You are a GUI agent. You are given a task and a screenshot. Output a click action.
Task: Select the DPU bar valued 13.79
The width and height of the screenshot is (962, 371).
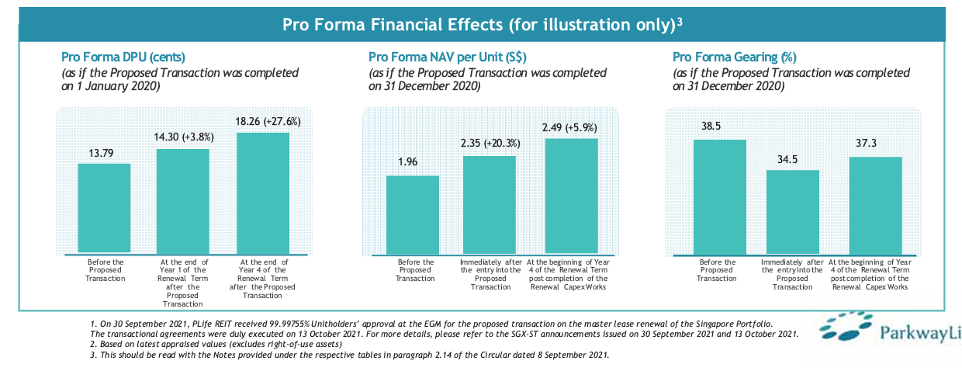point(104,209)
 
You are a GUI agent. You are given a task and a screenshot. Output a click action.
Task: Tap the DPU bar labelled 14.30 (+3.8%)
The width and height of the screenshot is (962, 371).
point(182,201)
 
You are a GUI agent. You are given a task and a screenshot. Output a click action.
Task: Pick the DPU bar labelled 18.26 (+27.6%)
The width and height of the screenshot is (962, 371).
point(262,193)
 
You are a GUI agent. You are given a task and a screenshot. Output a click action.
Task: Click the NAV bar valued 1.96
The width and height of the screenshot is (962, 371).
point(412,214)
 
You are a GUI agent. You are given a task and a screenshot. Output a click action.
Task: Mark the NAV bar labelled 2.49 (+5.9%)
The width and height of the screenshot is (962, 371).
point(571,196)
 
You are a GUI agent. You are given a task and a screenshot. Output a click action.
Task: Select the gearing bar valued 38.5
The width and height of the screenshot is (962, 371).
point(719,197)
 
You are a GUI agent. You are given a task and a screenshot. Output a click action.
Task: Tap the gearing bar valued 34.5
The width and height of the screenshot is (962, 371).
point(792,212)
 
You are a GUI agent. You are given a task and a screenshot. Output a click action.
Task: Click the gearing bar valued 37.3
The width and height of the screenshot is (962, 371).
point(875,206)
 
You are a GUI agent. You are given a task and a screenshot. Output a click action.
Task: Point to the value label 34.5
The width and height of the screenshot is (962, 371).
point(792,158)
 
